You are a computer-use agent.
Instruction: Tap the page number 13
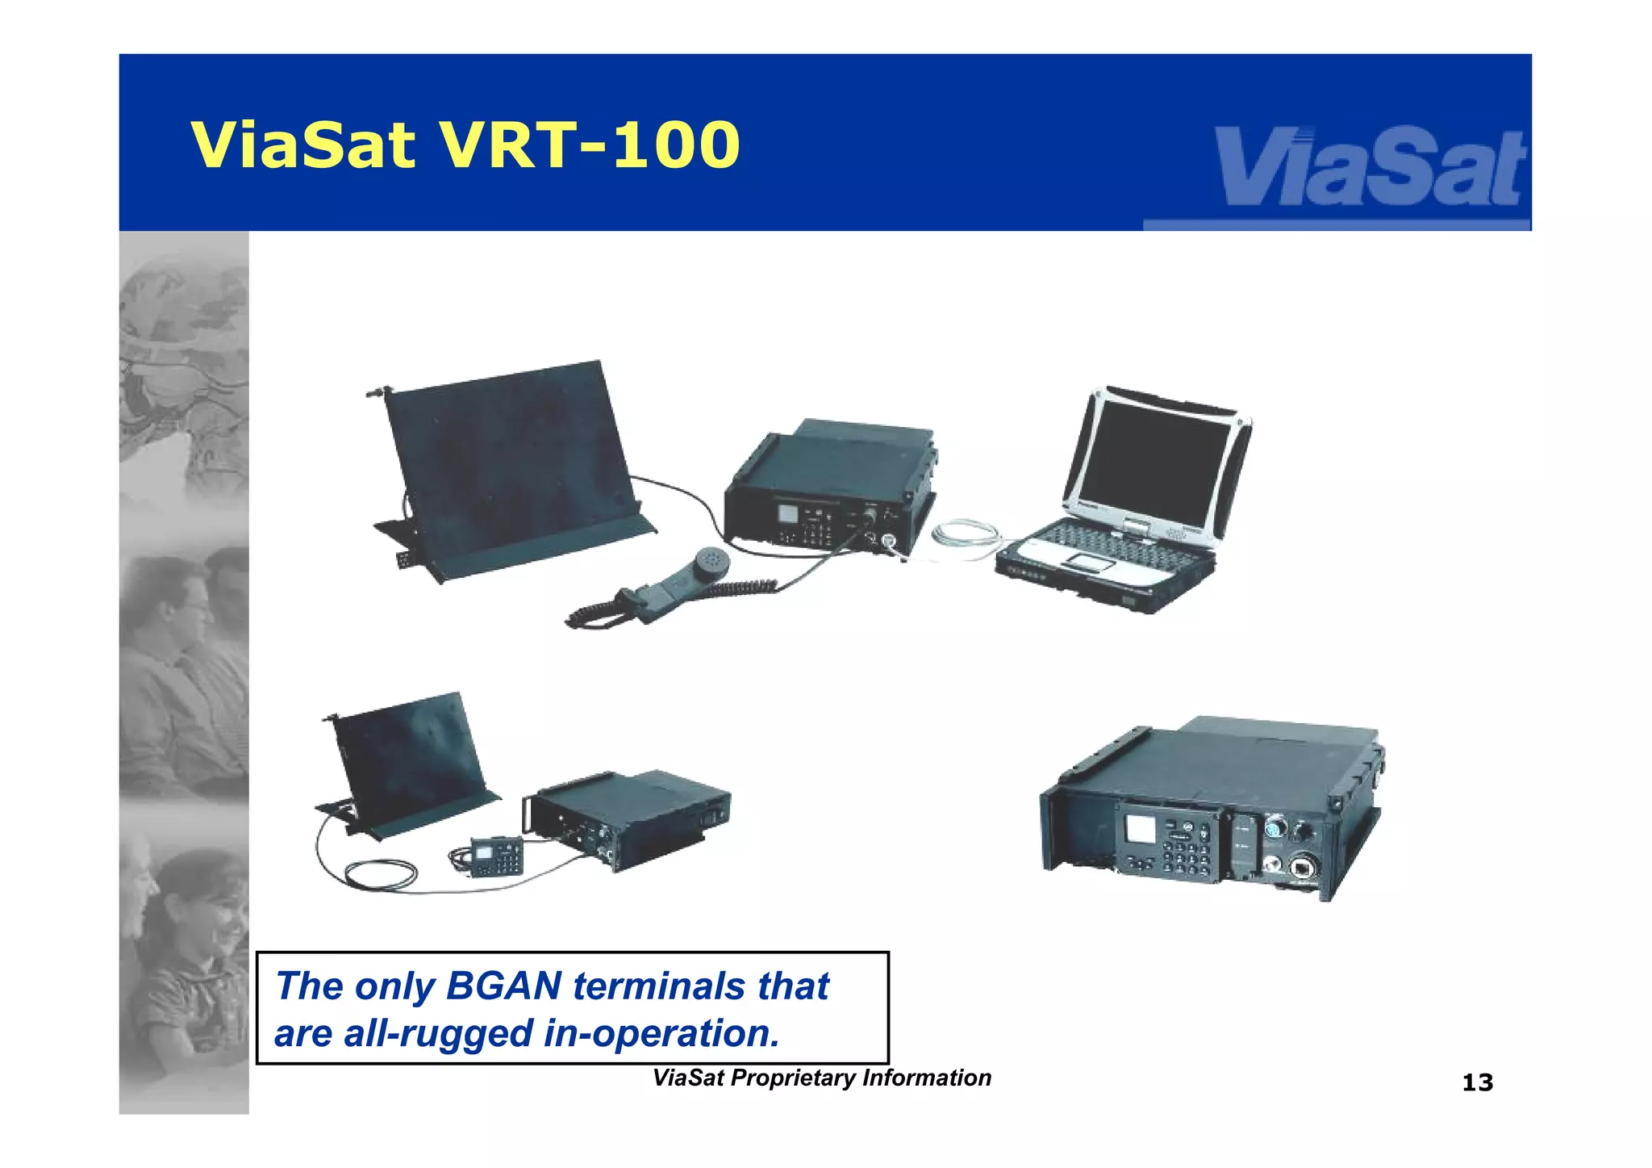1477,1082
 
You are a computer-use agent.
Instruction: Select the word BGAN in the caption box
503,986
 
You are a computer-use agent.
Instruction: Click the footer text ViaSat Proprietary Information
821,1078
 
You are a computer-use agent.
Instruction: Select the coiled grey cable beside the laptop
968,536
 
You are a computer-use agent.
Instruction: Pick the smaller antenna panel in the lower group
411,763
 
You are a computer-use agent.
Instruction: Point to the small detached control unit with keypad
494,856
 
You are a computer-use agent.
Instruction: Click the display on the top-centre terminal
786,514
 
